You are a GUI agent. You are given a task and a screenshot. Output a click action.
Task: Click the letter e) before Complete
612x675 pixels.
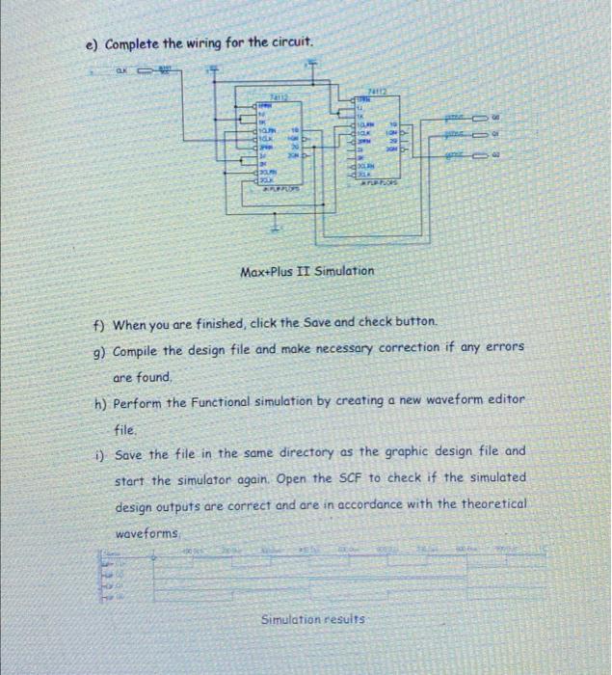[92, 45]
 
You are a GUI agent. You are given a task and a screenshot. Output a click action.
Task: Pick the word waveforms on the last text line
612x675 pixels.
[146, 533]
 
